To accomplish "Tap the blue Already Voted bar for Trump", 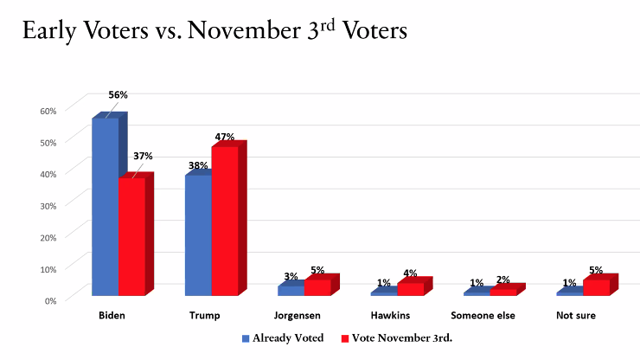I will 197,235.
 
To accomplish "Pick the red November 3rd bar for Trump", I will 224,221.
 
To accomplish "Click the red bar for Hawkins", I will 410,289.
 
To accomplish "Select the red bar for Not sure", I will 596,287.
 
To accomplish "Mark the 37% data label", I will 143,156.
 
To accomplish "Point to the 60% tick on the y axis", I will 48,110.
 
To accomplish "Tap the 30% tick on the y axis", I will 48,205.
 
